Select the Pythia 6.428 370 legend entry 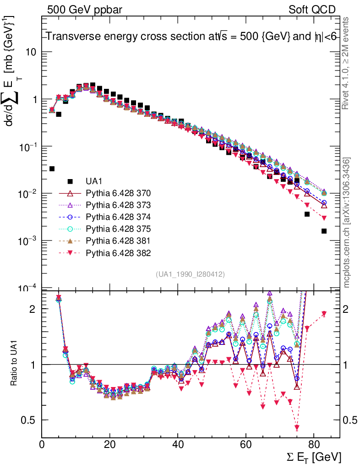(x=118, y=193)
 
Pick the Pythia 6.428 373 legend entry (x=118, y=205)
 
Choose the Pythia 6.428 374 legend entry (x=118, y=217)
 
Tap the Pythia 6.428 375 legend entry (x=118, y=229)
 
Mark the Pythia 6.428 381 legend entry (x=118, y=240)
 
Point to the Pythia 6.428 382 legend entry (x=118, y=252)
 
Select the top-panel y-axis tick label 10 (x=31, y=52)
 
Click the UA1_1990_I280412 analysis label (x=190, y=274)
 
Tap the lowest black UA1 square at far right (x=324, y=231)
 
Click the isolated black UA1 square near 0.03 (x=52, y=169)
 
